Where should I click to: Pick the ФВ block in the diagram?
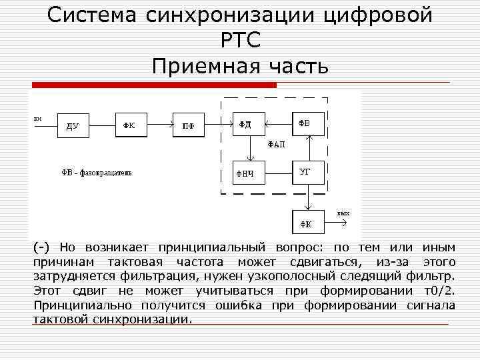click(x=309, y=123)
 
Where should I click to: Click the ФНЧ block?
click(x=247, y=173)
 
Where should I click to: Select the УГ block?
click(x=309, y=173)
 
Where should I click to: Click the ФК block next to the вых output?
click(x=309, y=222)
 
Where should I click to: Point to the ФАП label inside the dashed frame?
click(x=276, y=144)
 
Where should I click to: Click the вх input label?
click(x=38, y=119)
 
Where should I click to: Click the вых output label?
click(x=343, y=213)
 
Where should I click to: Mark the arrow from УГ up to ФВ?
click(x=309, y=148)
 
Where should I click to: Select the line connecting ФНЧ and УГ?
click(x=277, y=173)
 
